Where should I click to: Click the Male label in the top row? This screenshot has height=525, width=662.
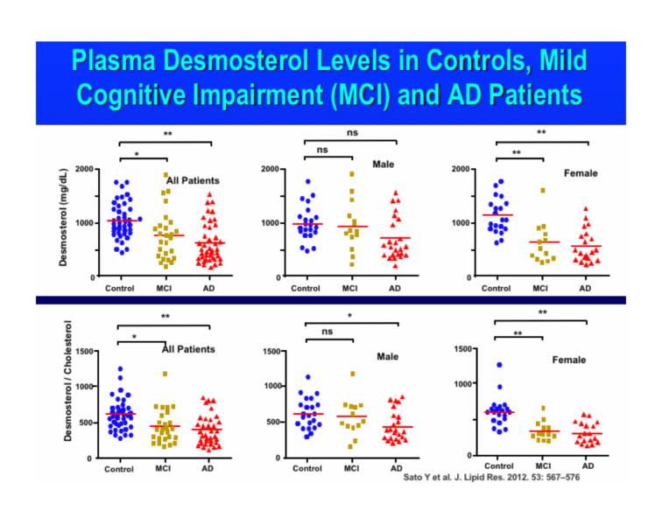coord(384,164)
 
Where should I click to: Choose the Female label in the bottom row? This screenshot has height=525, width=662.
coord(569,360)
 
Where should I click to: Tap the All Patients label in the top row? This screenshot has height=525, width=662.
coord(193,180)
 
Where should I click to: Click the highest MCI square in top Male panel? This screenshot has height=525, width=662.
coord(352,173)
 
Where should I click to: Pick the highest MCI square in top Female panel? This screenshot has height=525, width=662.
coord(543,190)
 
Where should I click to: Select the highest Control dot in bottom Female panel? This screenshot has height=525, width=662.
coord(499,365)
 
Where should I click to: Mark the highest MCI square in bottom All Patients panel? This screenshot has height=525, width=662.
coord(163,374)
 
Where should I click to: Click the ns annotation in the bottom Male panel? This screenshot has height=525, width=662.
coord(327,332)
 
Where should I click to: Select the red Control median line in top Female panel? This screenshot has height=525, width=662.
coord(497,215)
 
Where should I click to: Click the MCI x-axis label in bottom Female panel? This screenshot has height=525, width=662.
coord(544,465)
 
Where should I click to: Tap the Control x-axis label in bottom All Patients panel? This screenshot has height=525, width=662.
coord(118,468)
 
